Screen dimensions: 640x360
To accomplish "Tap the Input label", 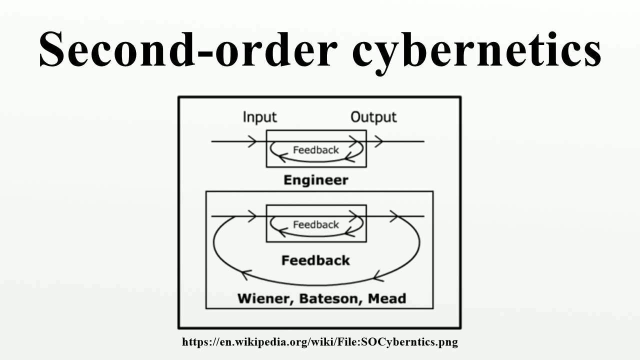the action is coord(259,117).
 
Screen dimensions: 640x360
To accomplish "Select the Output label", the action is coord(373,117).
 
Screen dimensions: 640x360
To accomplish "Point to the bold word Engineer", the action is coord(315,180).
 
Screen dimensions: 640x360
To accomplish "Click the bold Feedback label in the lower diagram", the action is coord(315,260).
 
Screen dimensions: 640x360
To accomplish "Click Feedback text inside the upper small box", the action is coord(315,150).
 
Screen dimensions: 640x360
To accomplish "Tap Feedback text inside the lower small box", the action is coord(315,225).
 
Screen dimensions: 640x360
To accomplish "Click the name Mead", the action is coord(386,299).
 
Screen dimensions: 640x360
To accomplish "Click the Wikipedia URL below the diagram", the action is coord(320,342).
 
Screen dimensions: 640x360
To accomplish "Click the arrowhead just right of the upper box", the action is coord(378,141).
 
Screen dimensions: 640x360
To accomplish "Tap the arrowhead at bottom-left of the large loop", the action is coord(245,274).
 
